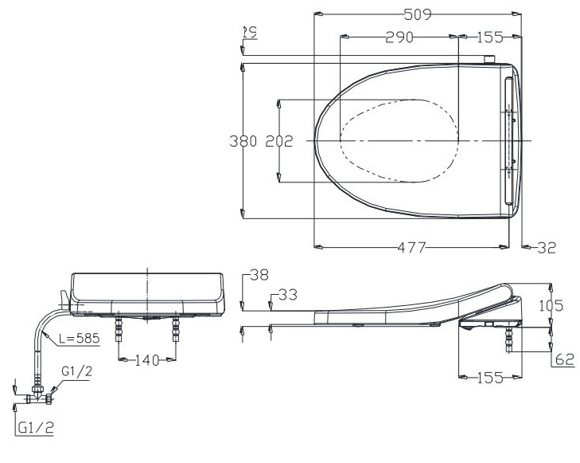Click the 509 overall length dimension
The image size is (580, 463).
coord(417,14)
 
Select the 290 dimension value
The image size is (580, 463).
coord(399,37)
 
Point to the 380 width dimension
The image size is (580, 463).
coord(243,141)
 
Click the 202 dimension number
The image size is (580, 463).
coord(278,141)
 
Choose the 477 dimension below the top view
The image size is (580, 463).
coord(411,248)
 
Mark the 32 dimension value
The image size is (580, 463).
coord(546,248)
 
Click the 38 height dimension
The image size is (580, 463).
coord(259,276)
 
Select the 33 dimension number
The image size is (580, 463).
coord(286,296)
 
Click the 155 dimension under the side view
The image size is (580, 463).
coord(490,378)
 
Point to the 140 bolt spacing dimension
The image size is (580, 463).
coord(147,359)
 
